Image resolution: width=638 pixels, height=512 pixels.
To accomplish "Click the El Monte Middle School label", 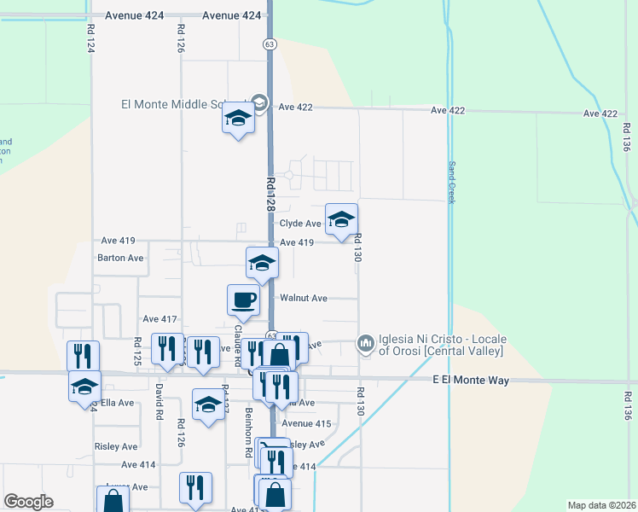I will tap(183, 105).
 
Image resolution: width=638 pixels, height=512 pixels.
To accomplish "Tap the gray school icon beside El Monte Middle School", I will tap(260, 104).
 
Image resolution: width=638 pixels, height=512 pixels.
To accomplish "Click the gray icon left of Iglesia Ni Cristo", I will tap(366, 344).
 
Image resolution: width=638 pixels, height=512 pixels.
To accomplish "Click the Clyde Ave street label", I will tap(300, 224).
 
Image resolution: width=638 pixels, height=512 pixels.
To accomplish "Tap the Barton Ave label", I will tap(121, 258).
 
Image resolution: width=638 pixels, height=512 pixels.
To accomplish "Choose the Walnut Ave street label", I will tap(304, 299).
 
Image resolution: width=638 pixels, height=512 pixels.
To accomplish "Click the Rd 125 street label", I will tap(136, 352).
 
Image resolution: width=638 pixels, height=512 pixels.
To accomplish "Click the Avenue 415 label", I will tap(305, 423).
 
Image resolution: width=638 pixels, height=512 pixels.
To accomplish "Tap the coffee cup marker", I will tap(243, 300).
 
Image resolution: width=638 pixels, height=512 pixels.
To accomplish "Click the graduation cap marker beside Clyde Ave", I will tap(341, 220).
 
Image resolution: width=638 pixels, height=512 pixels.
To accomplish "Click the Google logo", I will tap(28, 502).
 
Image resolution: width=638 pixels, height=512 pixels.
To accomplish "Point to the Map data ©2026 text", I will tap(601, 505).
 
